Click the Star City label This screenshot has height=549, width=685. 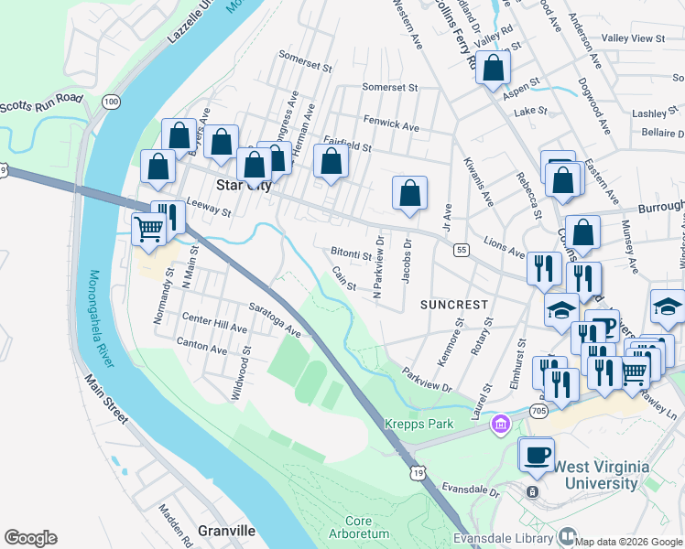click(x=243, y=185)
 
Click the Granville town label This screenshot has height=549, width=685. click(x=226, y=531)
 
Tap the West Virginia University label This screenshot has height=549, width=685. click(x=597, y=475)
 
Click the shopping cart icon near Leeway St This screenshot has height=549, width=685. click(x=148, y=229)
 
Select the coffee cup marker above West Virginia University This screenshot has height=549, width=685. click(x=537, y=454)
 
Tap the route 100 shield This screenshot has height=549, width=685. click(x=111, y=101)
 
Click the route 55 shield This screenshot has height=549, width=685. click(x=461, y=249)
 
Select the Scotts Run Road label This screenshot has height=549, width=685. click(x=41, y=103)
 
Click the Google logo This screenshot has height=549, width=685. click(x=30, y=538)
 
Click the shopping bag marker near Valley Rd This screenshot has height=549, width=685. click(x=493, y=68)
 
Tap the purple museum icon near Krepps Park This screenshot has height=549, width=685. click(x=500, y=425)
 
